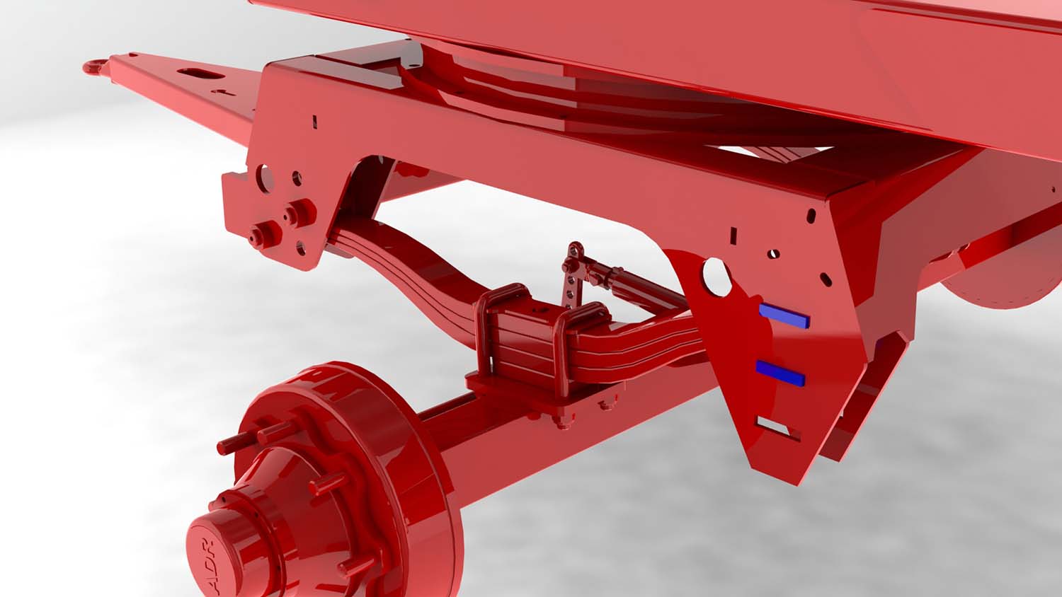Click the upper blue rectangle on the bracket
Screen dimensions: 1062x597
coord(784,315)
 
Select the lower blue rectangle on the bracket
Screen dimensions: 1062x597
coord(780,372)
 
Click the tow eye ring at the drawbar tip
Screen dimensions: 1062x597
coord(96,66)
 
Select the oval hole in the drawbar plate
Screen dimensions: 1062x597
coord(200,74)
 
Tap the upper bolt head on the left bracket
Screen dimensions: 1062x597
coord(302,212)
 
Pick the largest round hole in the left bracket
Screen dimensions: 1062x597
coord(264,179)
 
